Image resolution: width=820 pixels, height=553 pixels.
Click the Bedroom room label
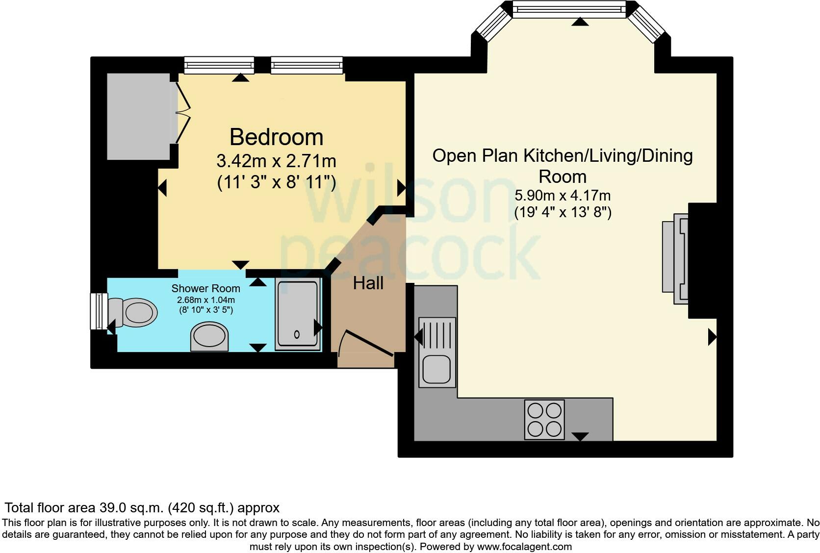276,137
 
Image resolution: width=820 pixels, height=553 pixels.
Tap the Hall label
368,283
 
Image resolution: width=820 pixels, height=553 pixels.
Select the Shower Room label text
205,288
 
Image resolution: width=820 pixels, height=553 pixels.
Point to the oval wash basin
209,337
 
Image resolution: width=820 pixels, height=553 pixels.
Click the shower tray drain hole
297,335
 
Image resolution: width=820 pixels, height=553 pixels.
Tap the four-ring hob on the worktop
544,420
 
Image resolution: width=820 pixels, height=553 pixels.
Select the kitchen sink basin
436,370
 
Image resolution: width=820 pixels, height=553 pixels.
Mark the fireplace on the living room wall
676,258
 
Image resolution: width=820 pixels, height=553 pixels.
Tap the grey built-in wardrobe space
139,116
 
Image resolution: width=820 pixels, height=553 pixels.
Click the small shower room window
99,311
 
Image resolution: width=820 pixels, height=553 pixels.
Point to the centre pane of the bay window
569,9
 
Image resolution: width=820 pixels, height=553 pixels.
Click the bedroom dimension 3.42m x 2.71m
276,161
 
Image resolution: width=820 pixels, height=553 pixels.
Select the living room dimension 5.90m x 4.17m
562,196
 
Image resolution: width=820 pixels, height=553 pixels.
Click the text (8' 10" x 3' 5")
205,310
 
